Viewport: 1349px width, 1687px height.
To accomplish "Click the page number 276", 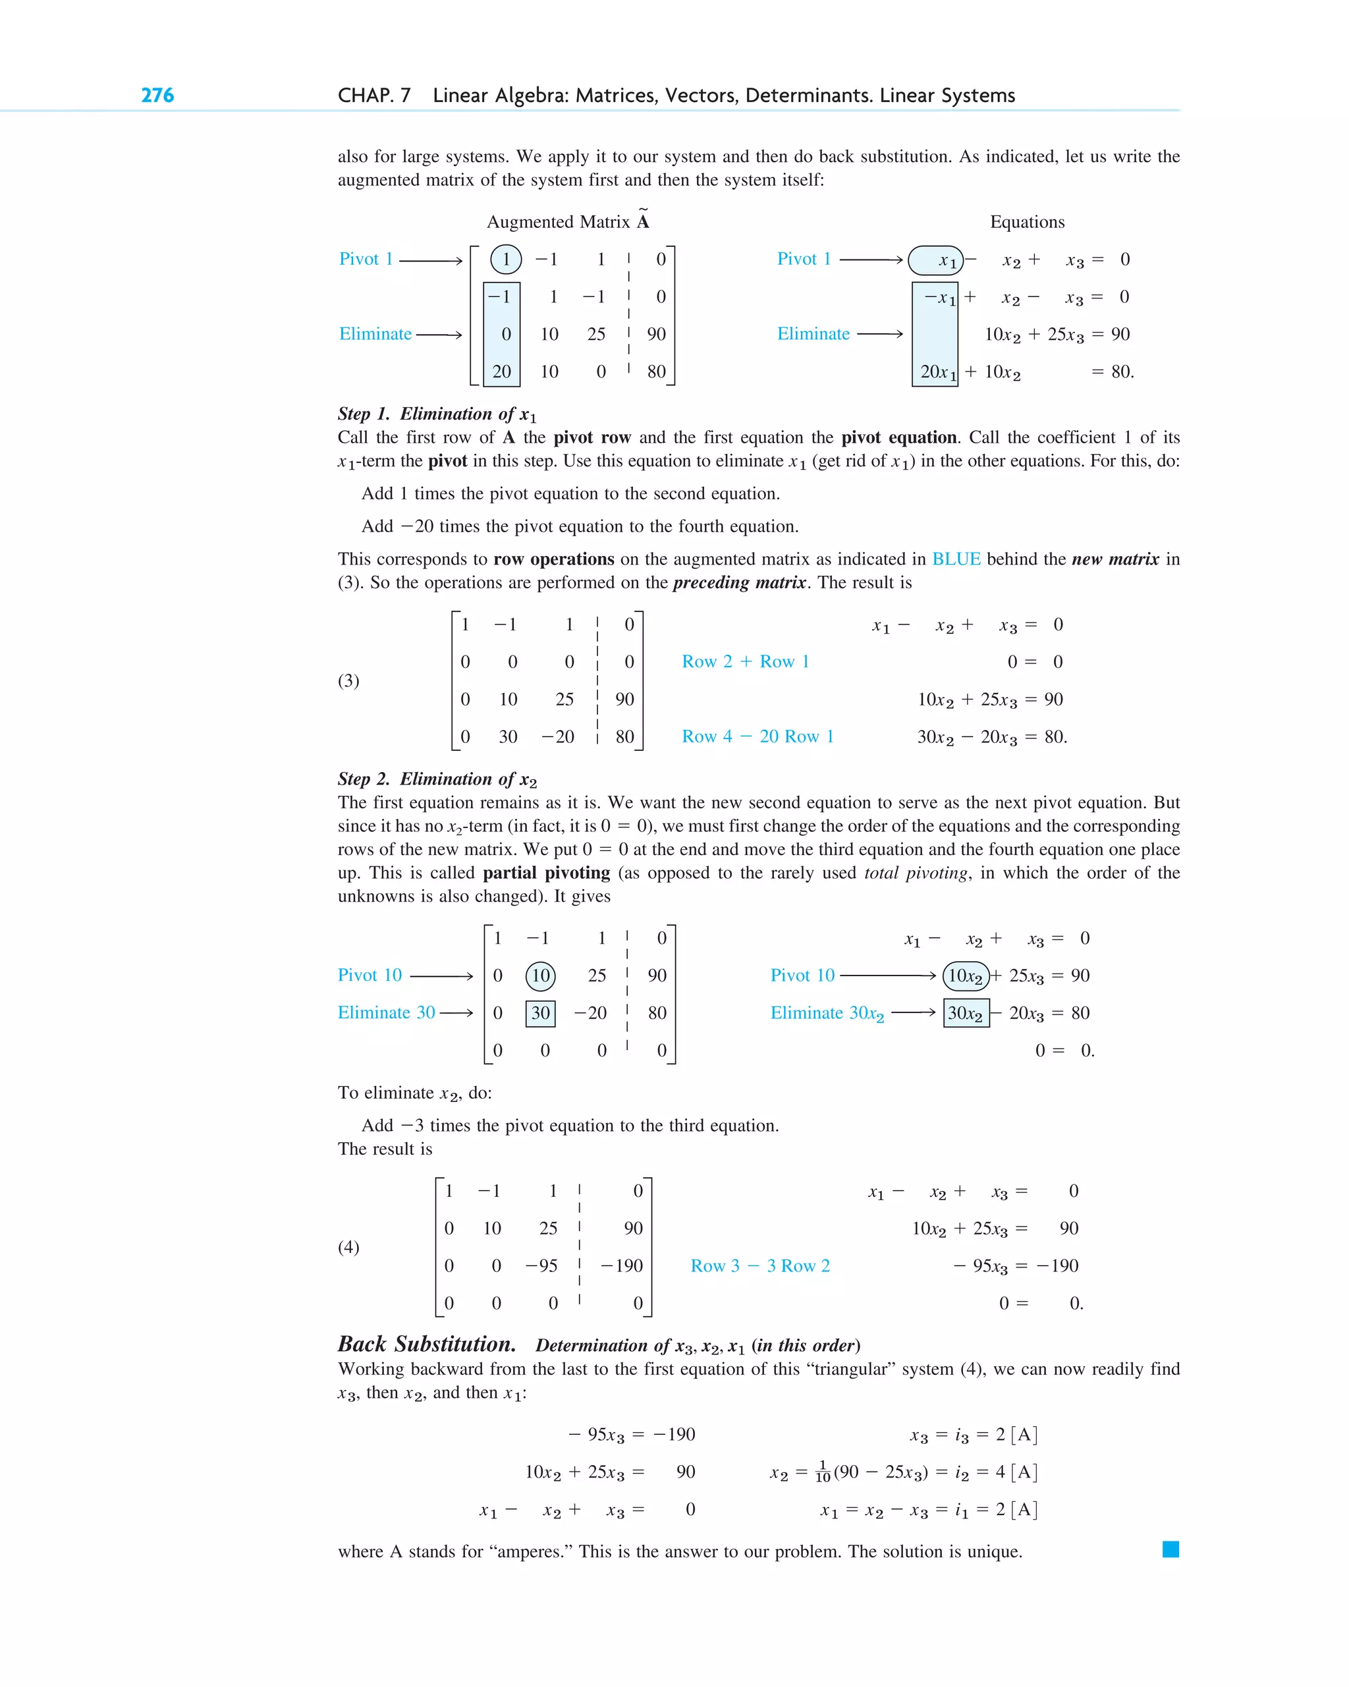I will [157, 96].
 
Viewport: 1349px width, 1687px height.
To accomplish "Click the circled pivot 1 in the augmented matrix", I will [505, 259].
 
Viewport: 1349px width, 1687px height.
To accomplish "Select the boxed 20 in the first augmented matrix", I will [501, 372].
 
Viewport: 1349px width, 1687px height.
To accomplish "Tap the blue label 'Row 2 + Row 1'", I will [745, 662].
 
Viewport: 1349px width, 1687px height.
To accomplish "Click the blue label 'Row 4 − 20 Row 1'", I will [757, 736].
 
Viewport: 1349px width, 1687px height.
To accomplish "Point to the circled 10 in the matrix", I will [541, 975].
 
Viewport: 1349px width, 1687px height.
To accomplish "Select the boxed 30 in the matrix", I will [541, 1013].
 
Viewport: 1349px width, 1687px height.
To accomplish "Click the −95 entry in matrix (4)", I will [541, 1266].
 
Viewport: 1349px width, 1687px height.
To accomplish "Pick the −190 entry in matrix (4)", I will [622, 1266].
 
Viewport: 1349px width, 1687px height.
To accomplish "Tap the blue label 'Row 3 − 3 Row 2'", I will [759, 1266].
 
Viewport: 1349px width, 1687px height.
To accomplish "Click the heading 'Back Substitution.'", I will [426, 1344].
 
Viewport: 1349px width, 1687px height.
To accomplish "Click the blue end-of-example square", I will [1170, 1549].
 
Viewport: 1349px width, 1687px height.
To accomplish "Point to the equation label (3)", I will [348, 680].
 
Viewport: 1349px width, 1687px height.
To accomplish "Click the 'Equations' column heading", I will [1027, 222].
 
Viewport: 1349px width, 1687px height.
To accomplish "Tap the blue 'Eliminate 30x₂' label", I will [827, 1013].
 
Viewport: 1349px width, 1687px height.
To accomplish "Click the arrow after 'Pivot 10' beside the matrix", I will [441, 976].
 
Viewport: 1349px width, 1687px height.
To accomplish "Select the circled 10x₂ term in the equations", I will [966, 976].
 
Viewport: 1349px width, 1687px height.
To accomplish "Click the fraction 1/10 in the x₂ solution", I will [823, 1471].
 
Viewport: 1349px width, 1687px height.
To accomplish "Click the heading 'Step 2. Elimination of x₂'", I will [437, 779].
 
